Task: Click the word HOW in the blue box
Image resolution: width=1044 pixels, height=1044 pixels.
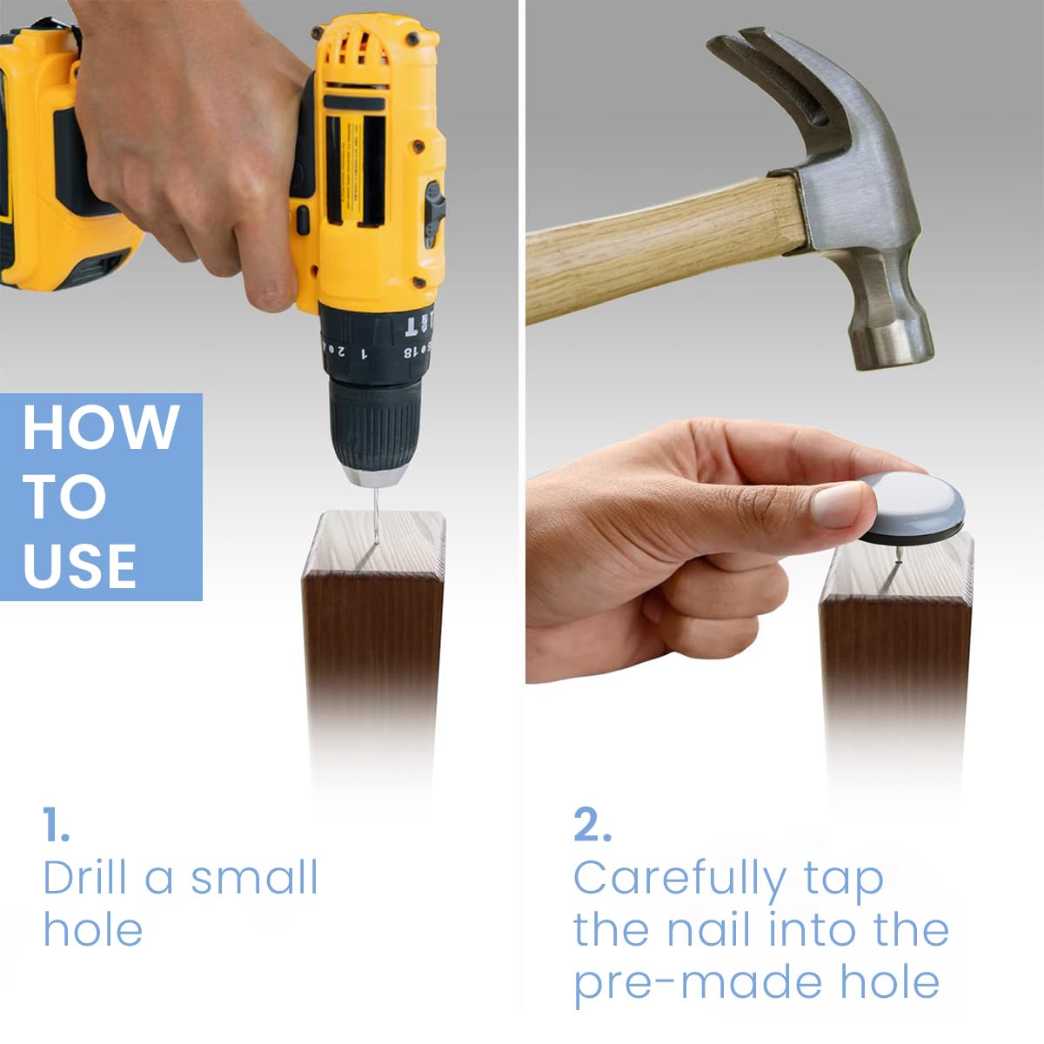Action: tap(101, 426)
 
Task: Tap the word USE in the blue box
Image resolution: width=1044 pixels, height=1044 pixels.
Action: tap(80, 566)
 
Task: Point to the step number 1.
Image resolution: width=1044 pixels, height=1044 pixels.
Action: tap(56, 825)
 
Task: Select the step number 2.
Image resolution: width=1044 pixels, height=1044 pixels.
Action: tap(592, 825)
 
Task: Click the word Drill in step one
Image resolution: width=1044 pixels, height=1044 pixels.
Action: tap(85, 877)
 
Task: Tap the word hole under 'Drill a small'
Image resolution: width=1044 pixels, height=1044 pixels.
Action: tap(92, 930)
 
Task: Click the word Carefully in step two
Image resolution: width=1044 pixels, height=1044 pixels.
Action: tap(680, 880)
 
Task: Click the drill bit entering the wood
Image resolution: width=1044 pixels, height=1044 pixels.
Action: tap(375, 515)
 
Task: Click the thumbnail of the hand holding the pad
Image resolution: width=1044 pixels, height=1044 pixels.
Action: tap(839, 505)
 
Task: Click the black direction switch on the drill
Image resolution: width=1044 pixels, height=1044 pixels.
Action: tap(434, 211)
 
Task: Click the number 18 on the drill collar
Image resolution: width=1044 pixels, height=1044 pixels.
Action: tap(410, 352)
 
